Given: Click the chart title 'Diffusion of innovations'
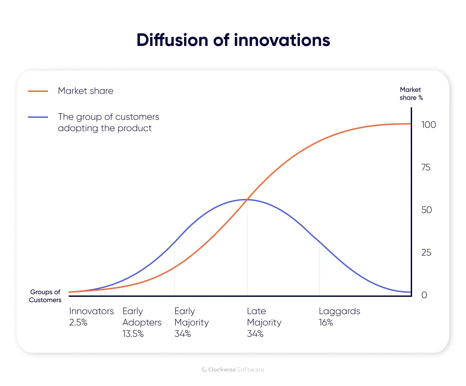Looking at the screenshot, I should pyautogui.click(x=233, y=40).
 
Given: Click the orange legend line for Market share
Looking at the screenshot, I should pyautogui.click(x=38, y=91).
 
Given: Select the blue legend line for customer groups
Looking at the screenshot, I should pyautogui.click(x=38, y=117).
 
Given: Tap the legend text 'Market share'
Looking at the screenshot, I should pyautogui.click(x=86, y=91).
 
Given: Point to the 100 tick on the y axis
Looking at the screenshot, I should pyautogui.click(x=428, y=125).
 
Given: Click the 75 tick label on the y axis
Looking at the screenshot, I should pyautogui.click(x=426, y=167).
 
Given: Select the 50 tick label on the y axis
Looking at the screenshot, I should pyautogui.click(x=426, y=210).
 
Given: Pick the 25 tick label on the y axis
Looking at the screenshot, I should pyautogui.click(x=426, y=253).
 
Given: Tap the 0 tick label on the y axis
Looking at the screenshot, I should pyautogui.click(x=424, y=295).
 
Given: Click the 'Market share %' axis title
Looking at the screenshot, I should pyautogui.click(x=411, y=94).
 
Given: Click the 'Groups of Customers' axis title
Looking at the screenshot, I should pyautogui.click(x=45, y=296).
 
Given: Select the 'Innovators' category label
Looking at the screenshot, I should pyautogui.click(x=92, y=311).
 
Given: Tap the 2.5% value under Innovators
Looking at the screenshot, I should pyautogui.click(x=78, y=322).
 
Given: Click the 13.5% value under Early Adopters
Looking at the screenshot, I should pyautogui.click(x=133, y=334).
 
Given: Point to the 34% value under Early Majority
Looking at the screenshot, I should pyautogui.click(x=182, y=334).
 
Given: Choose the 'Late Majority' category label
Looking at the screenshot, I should pyautogui.click(x=264, y=317).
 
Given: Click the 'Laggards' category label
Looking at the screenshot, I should pyautogui.click(x=339, y=311).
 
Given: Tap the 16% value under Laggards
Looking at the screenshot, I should pyautogui.click(x=326, y=322).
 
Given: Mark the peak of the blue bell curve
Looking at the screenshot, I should pyautogui.click(x=247, y=199).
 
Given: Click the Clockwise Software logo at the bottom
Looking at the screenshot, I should pyautogui.click(x=233, y=370).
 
